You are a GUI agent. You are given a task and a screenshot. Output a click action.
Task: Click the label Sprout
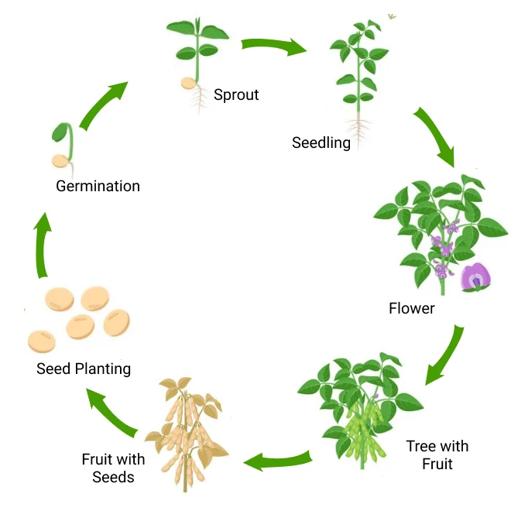[x=236, y=95]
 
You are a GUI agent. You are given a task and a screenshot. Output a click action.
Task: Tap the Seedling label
[x=321, y=142]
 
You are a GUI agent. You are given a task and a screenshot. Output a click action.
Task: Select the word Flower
[x=412, y=308]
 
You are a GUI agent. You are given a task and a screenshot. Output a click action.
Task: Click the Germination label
[x=98, y=186]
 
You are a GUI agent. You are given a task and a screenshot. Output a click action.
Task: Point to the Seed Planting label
[x=84, y=369]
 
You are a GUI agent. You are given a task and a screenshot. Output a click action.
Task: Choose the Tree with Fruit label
[x=437, y=455]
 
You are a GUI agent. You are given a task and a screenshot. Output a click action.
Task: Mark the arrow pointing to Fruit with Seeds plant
[x=279, y=461]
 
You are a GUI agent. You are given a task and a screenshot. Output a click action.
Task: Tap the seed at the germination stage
[x=60, y=161]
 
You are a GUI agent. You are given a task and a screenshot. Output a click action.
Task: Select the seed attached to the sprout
[x=188, y=84]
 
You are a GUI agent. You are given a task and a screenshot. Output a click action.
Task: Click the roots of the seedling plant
[x=358, y=128]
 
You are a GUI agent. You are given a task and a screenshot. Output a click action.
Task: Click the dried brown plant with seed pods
[x=186, y=434]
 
